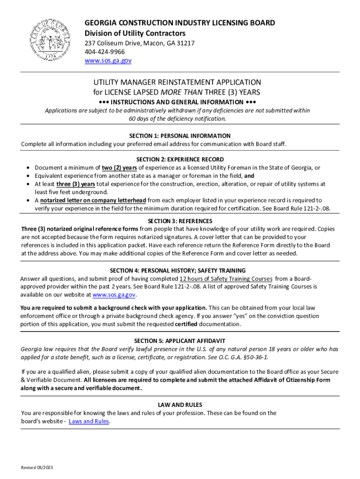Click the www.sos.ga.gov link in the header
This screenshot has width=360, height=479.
pos(108,61)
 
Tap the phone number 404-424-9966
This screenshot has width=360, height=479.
pos(104,52)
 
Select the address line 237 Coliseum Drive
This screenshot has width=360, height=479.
pos(139,43)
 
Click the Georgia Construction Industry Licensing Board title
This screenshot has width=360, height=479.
pos(180,23)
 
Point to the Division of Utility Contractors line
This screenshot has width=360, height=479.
pos(135,33)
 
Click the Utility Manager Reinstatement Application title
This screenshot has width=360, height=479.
pos(177,82)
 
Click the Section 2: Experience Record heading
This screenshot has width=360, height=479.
pos(180,160)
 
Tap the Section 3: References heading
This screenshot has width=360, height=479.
pos(180,221)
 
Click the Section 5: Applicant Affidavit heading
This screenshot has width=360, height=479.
pos(180,341)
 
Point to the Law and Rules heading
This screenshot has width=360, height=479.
pos(180,405)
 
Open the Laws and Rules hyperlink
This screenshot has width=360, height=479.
pos(89,421)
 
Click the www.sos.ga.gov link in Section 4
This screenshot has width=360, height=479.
pos(114,295)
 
